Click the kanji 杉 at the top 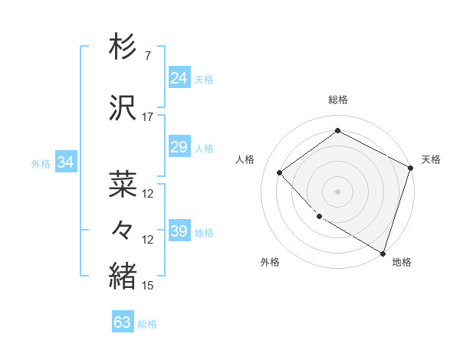[x=123, y=47]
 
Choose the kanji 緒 [x=123, y=276]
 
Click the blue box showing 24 [x=179, y=78]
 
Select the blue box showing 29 [x=179, y=147]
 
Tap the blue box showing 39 [x=179, y=231]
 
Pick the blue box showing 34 [x=66, y=162]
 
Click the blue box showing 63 [x=123, y=322]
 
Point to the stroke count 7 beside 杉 [x=147, y=56]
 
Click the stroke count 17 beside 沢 [x=147, y=117]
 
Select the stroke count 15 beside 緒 [x=148, y=286]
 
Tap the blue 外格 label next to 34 [x=41, y=163]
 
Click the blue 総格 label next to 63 [x=147, y=324]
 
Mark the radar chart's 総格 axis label [x=337, y=100]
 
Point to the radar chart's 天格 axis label [x=431, y=159]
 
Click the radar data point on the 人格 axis [x=280, y=172]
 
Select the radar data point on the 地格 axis [x=382, y=252]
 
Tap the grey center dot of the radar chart [x=337, y=191]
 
